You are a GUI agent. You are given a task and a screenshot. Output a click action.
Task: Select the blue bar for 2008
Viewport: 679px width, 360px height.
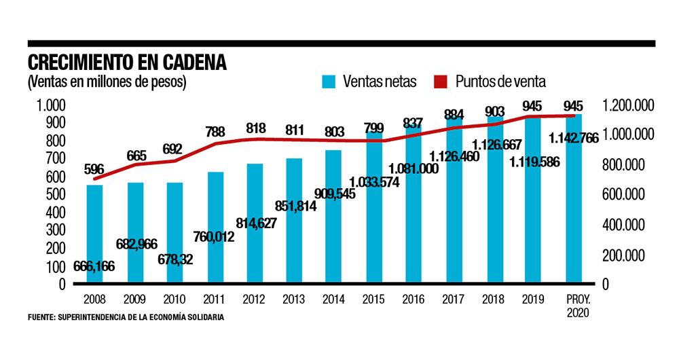pyautogui.click(x=94, y=231)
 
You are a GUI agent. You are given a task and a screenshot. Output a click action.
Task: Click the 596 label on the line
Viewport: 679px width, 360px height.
pyautogui.click(x=94, y=169)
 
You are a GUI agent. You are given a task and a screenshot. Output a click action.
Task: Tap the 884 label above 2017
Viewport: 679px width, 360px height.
pyautogui.click(x=454, y=114)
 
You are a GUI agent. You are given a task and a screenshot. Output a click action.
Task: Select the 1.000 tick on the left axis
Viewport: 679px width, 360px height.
pyautogui.click(x=50, y=105)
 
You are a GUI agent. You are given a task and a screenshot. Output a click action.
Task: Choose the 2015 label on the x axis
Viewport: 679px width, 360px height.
pyautogui.click(x=373, y=299)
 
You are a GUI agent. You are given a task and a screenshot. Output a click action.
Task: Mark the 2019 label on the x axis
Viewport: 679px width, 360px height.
pyautogui.click(x=534, y=299)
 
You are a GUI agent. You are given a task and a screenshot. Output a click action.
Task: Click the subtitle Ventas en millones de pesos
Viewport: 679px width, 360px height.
pyautogui.click(x=107, y=82)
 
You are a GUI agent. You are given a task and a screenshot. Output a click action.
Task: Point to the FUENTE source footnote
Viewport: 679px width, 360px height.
pyautogui.click(x=126, y=317)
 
